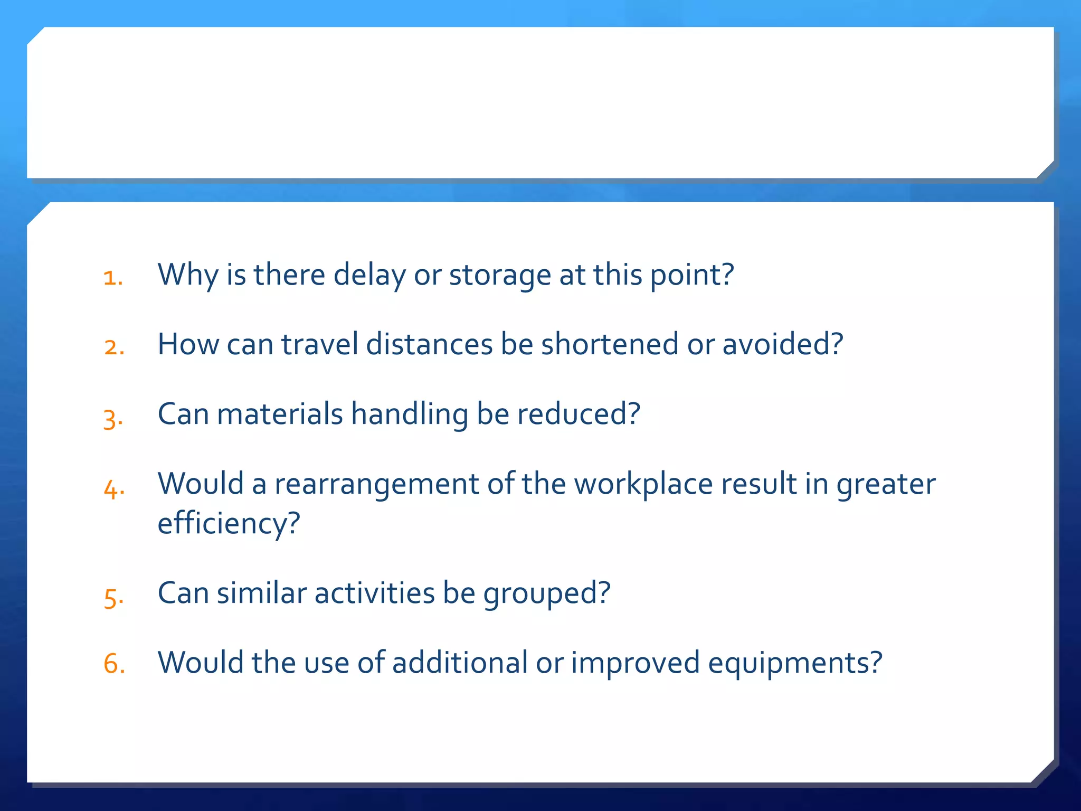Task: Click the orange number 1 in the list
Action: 112,278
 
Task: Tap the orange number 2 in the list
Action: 114,347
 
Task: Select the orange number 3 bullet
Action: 113,419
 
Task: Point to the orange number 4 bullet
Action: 113,489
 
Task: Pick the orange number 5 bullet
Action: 113,598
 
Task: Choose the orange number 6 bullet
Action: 114,664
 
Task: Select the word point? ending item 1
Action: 692,275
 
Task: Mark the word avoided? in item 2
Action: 782,344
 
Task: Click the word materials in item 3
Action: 280,414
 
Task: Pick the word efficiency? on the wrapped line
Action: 229,524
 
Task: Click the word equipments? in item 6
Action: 795,663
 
